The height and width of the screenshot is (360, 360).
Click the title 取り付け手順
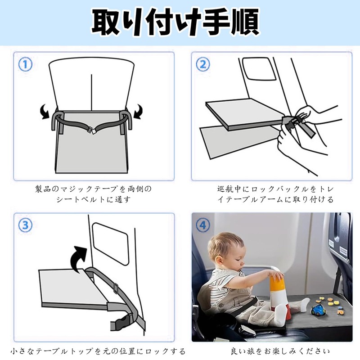pyautogui.click(x=175, y=22)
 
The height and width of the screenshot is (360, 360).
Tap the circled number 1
pyautogui.click(x=25, y=64)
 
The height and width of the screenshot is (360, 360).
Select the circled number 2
pyautogui.click(x=203, y=64)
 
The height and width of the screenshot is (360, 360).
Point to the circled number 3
pyautogui.click(x=25, y=225)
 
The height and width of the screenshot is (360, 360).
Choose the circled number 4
pyautogui.click(x=203, y=225)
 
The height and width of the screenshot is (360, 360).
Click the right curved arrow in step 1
pyautogui.click(x=138, y=111)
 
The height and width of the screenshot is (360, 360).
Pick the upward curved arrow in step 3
pyautogui.click(x=78, y=258)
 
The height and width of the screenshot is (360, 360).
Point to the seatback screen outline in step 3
pyautogui.click(x=110, y=244)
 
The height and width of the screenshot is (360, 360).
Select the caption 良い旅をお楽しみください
pyautogui.click(x=280, y=351)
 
